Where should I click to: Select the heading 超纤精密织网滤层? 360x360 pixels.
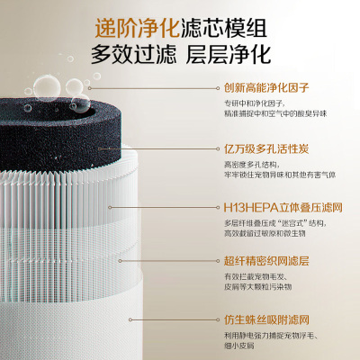coord(266,261)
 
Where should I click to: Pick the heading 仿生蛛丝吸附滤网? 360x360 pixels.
coord(266,319)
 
